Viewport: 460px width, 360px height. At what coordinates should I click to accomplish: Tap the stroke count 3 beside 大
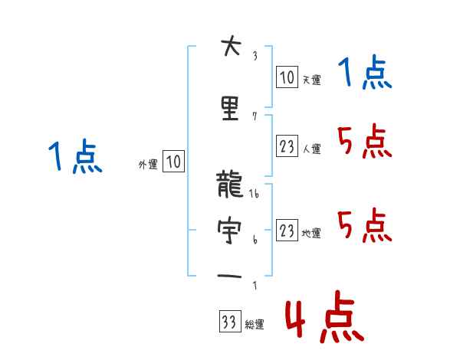coord(254,56)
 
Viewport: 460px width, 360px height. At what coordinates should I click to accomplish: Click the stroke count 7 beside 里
coord(254,116)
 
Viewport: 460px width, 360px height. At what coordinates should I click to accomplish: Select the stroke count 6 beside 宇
coord(254,238)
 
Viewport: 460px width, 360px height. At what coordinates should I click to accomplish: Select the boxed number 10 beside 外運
coord(173,162)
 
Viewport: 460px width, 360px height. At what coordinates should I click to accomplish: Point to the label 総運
coord(254,325)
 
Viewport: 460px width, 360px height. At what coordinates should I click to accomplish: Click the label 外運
coord(147,164)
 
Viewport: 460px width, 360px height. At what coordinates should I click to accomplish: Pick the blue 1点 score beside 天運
coord(365,74)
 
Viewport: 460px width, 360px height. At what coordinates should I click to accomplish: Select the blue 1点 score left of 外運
coord(75,158)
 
